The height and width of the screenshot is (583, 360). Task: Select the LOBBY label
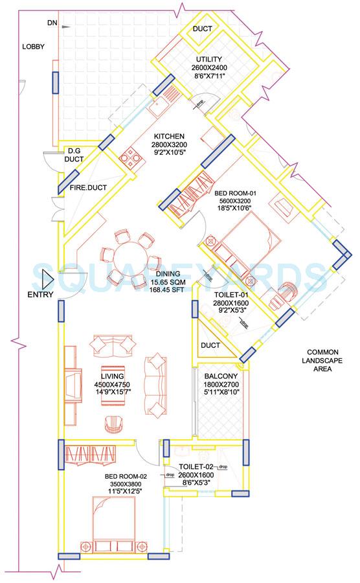(x=32, y=47)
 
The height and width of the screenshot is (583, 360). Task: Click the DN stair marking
(x=52, y=23)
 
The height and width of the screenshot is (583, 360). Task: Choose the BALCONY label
(x=221, y=376)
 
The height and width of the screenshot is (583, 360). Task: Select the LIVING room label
(x=112, y=376)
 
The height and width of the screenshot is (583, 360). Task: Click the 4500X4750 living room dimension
(x=112, y=385)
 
